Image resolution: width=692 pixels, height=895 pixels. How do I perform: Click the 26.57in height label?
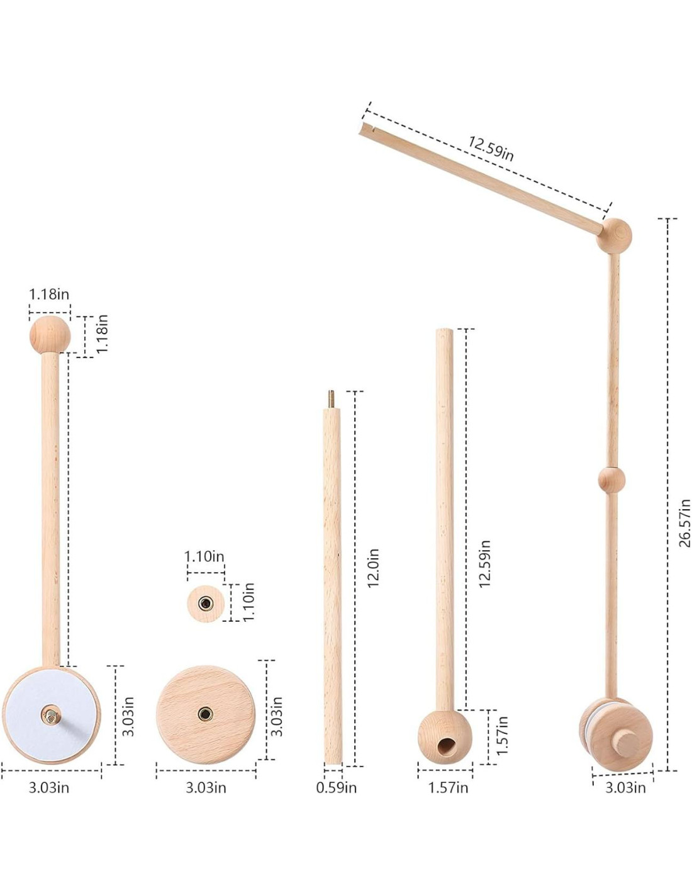coord(684,523)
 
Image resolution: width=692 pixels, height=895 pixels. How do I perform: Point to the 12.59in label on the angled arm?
coord(491,149)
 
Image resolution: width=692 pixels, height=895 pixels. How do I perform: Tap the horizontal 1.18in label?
coord(49,294)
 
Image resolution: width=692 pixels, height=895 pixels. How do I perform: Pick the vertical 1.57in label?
coord(502,736)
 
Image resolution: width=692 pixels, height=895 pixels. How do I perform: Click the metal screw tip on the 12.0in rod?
coord(330,398)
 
